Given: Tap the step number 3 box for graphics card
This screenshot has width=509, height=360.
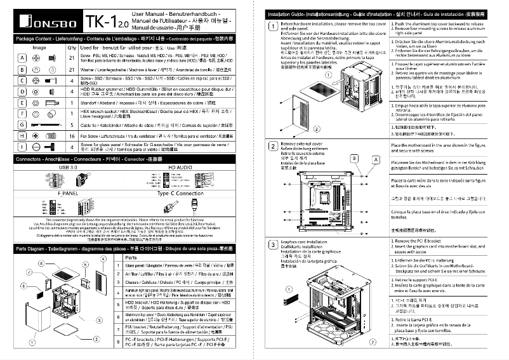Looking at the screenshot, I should (x=273, y=245).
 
